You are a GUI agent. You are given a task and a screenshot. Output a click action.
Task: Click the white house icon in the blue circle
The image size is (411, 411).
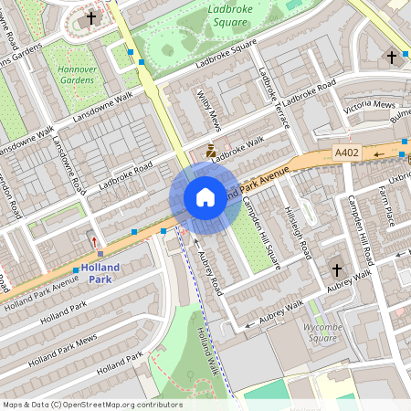point(205,197)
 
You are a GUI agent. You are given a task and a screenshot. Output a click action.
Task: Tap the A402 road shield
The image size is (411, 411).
point(347,153)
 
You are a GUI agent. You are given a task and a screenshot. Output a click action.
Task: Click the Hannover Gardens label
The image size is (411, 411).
point(77,74)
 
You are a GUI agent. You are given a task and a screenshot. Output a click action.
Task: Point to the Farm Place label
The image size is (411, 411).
point(387,205)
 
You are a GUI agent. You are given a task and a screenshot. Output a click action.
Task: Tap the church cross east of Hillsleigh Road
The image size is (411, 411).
point(336,270)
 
